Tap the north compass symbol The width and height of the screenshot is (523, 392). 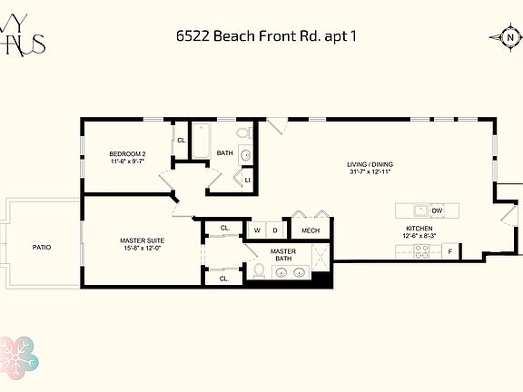click(506, 38)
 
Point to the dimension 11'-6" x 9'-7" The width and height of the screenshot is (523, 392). click(128, 162)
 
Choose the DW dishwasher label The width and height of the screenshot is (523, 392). click(436, 211)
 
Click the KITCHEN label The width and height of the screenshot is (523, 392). click(418, 229)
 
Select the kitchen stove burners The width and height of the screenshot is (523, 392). click(422, 253)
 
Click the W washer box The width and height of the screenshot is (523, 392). click(257, 230)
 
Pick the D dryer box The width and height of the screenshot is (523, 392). click(274, 230)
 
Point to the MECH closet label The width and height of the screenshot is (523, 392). click(311, 230)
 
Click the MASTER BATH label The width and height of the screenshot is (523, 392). click(283, 256)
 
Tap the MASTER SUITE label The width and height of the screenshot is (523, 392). click(140, 241)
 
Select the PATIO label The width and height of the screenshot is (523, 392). click(42, 246)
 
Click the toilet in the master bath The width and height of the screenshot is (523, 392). click(258, 271)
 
